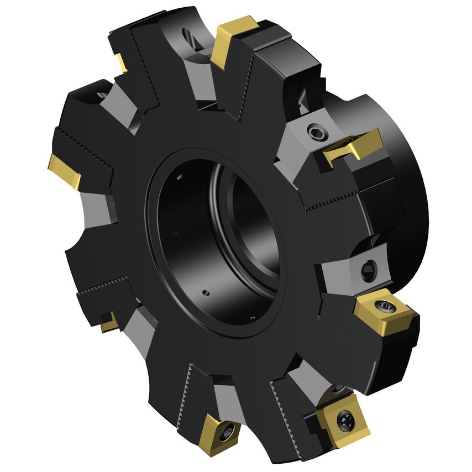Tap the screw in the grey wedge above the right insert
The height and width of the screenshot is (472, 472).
tap(369, 271)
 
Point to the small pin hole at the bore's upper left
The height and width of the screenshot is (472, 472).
tap(180, 177)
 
